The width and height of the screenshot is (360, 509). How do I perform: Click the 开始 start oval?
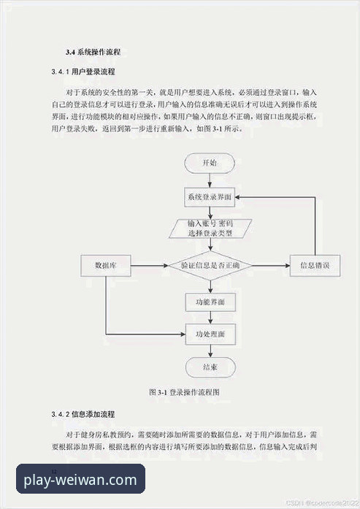coord(209,162)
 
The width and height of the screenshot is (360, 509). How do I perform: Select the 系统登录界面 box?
coord(209,197)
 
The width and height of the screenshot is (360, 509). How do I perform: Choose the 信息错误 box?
coord(314,266)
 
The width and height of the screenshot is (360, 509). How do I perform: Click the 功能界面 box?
coord(209,300)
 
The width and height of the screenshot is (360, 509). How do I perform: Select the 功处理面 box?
coord(209,334)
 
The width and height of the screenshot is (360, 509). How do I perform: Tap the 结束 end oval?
coord(209,366)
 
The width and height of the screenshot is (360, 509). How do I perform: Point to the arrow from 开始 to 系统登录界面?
coord(209,180)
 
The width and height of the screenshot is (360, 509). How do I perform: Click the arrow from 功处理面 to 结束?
coord(209,351)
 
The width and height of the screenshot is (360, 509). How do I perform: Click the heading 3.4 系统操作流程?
coord(93,53)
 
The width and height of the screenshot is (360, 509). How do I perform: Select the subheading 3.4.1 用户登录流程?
coord(83,73)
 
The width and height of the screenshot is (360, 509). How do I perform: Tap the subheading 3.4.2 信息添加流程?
coord(83,414)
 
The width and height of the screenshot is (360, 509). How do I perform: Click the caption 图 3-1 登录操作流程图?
coord(184,392)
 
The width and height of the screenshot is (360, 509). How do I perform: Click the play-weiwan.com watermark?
coord(80,481)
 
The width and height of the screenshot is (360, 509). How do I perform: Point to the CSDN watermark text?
coord(322,503)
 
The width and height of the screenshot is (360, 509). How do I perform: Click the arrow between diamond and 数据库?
coord(150,266)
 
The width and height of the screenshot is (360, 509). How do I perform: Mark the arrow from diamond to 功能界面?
coord(209,285)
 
